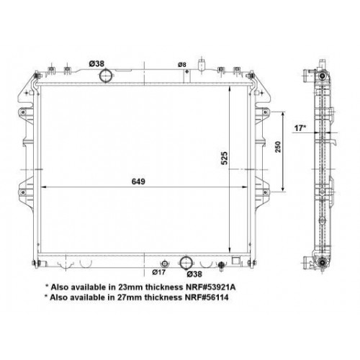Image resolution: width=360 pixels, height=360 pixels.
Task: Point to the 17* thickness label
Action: pyautogui.click(x=301, y=130)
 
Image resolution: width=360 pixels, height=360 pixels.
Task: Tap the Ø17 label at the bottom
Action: pyautogui.click(x=160, y=273)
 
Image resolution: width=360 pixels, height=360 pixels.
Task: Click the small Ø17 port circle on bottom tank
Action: pyautogui.click(x=165, y=263)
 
